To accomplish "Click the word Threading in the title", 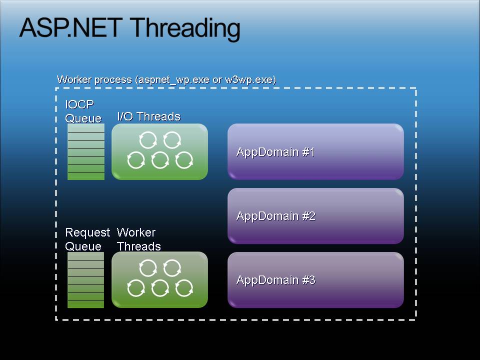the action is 186,29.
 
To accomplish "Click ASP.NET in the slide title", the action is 71,27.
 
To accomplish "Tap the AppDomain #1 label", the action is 275,152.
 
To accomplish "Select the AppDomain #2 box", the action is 315,216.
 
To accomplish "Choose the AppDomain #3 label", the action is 276,280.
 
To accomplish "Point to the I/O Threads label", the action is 149,116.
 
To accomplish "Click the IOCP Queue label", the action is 83,111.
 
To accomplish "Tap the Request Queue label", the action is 87,239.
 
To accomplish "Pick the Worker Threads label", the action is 138,239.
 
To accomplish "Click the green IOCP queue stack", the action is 86,151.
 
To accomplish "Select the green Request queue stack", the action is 85,280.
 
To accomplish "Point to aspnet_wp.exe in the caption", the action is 173,80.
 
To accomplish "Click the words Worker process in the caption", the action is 94,79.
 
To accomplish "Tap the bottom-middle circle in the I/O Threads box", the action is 160,160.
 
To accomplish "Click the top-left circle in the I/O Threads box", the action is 148,140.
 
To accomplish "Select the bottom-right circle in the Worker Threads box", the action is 184,288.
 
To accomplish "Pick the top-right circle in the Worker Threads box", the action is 172,268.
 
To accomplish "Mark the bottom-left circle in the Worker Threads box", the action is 136,288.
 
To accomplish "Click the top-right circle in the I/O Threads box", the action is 172,140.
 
